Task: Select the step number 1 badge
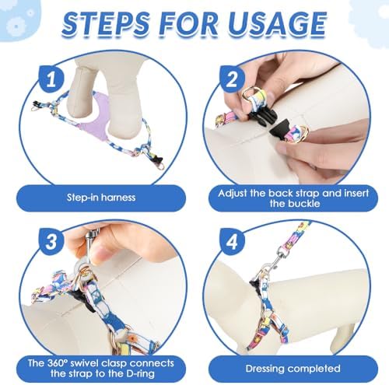click(x=51, y=79)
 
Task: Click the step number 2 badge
click(x=232, y=79)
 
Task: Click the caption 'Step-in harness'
click(x=101, y=198)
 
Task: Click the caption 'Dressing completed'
click(x=293, y=369)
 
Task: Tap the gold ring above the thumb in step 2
click(x=249, y=95)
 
